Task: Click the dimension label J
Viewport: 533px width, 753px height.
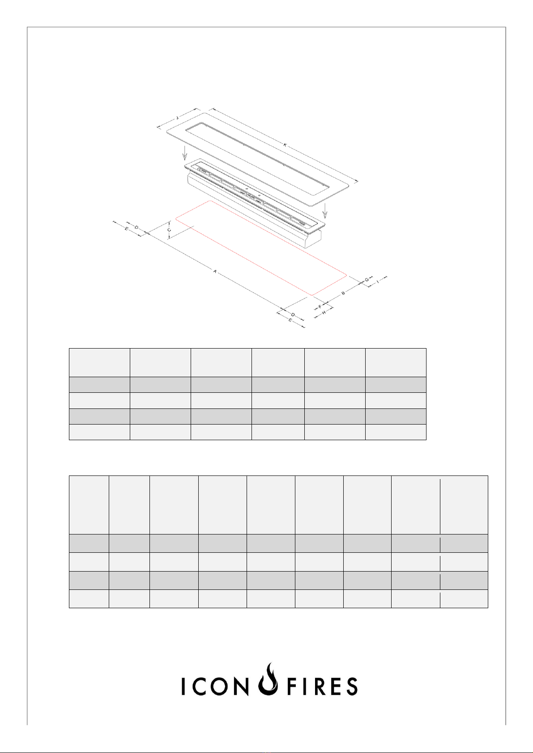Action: tap(177, 118)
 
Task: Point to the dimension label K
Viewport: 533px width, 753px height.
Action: tap(285, 145)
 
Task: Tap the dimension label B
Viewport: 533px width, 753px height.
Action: tap(343, 293)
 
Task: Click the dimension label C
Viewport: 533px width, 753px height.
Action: tap(169, 230)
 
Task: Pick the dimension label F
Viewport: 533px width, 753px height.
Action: tap(320, 307)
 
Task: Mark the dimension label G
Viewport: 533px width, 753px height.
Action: tap(367, 279)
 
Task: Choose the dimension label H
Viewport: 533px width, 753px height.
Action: tap(324, 313)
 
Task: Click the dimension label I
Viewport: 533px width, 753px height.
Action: tap(378, 282)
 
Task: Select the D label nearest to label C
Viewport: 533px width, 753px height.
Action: tap(136, 227)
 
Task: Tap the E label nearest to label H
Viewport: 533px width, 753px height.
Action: tap(290, 320)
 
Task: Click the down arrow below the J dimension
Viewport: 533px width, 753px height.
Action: tap(184, 153)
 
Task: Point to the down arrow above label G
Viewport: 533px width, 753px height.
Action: tap(325, 211)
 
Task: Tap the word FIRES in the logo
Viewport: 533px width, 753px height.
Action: tap(322, 686)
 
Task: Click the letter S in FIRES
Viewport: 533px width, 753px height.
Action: tap(351, 686)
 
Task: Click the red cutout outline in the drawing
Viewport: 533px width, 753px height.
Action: tap(261, 248)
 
